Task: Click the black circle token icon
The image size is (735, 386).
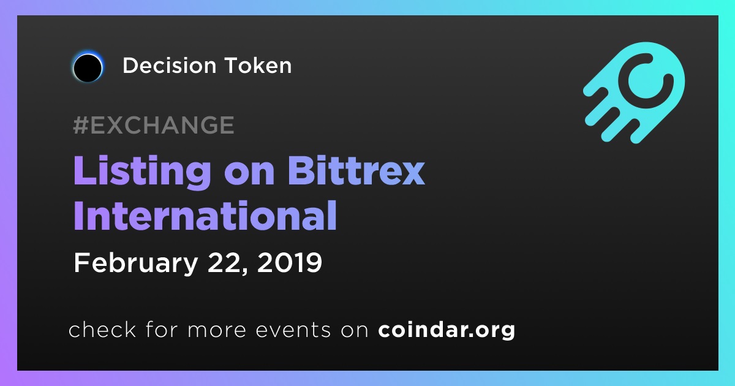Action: pos(88,67)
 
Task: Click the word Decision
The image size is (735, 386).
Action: pos(169,66)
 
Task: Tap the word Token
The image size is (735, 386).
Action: pos(258,66)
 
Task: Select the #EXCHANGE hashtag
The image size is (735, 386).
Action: pos(154,125)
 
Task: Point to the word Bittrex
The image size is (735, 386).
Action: pos(356,170)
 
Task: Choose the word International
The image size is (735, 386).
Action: pos(205,215)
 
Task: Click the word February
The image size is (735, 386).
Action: pos(136,263)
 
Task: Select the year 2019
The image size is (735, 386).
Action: pos(289,263)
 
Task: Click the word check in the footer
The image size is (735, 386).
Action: pos(102,329)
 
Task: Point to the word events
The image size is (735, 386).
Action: pos(293,330)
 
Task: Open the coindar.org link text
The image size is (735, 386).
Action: pos(447,330)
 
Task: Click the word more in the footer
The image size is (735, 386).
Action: pos(217,330)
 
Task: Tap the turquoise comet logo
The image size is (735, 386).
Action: pos(635,93)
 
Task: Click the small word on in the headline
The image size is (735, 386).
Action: pos(249,173)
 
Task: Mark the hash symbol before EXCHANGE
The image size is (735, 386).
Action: pos(81,125)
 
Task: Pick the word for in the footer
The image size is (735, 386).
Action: pos(162,329)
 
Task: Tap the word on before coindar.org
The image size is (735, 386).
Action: pos(355,330)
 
